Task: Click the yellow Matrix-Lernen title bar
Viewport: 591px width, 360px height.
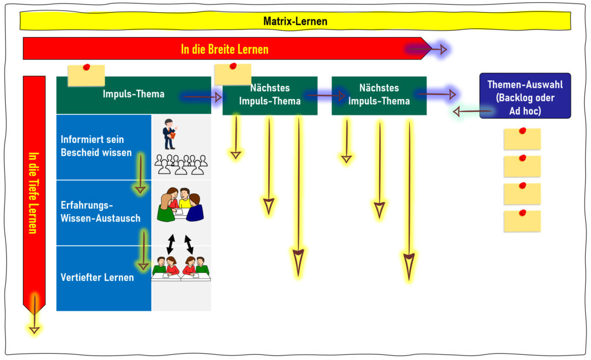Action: click(x=295, y=21)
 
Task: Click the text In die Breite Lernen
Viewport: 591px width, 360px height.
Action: click(x=225, y=50)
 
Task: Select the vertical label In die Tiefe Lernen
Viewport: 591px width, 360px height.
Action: click(x=34, y=193)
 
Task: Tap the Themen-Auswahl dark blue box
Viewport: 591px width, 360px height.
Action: click(x=525, y=96)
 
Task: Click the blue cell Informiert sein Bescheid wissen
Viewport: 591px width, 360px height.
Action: click(x=104, y=147)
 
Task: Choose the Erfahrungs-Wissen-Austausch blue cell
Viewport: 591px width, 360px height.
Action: click(x=104, y=213)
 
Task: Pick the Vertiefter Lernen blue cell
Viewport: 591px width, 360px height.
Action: click(x=104, y=279)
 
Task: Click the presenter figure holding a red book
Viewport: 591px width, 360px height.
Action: click(x=170, y=134)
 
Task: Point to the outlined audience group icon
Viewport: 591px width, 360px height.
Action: click(x=181, y=164)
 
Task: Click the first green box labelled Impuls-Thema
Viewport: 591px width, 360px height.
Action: click(x=134, y=95)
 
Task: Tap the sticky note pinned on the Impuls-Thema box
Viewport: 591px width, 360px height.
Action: click(x=87, y=75)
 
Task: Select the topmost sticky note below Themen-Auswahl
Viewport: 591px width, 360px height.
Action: click(x=522, y=138)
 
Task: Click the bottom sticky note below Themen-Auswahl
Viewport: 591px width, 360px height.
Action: click(x=522, y=220)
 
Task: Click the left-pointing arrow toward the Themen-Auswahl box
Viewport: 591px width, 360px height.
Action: click(x=472, y=111)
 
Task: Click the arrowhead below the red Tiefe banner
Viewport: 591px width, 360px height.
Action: click(x=34, y=330)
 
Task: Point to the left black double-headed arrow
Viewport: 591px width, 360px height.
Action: click(x=171, y=244)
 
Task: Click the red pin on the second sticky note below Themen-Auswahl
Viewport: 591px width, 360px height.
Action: click(x=522, y=158)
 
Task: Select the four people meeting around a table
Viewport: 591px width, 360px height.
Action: click(x=181, y=204)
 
